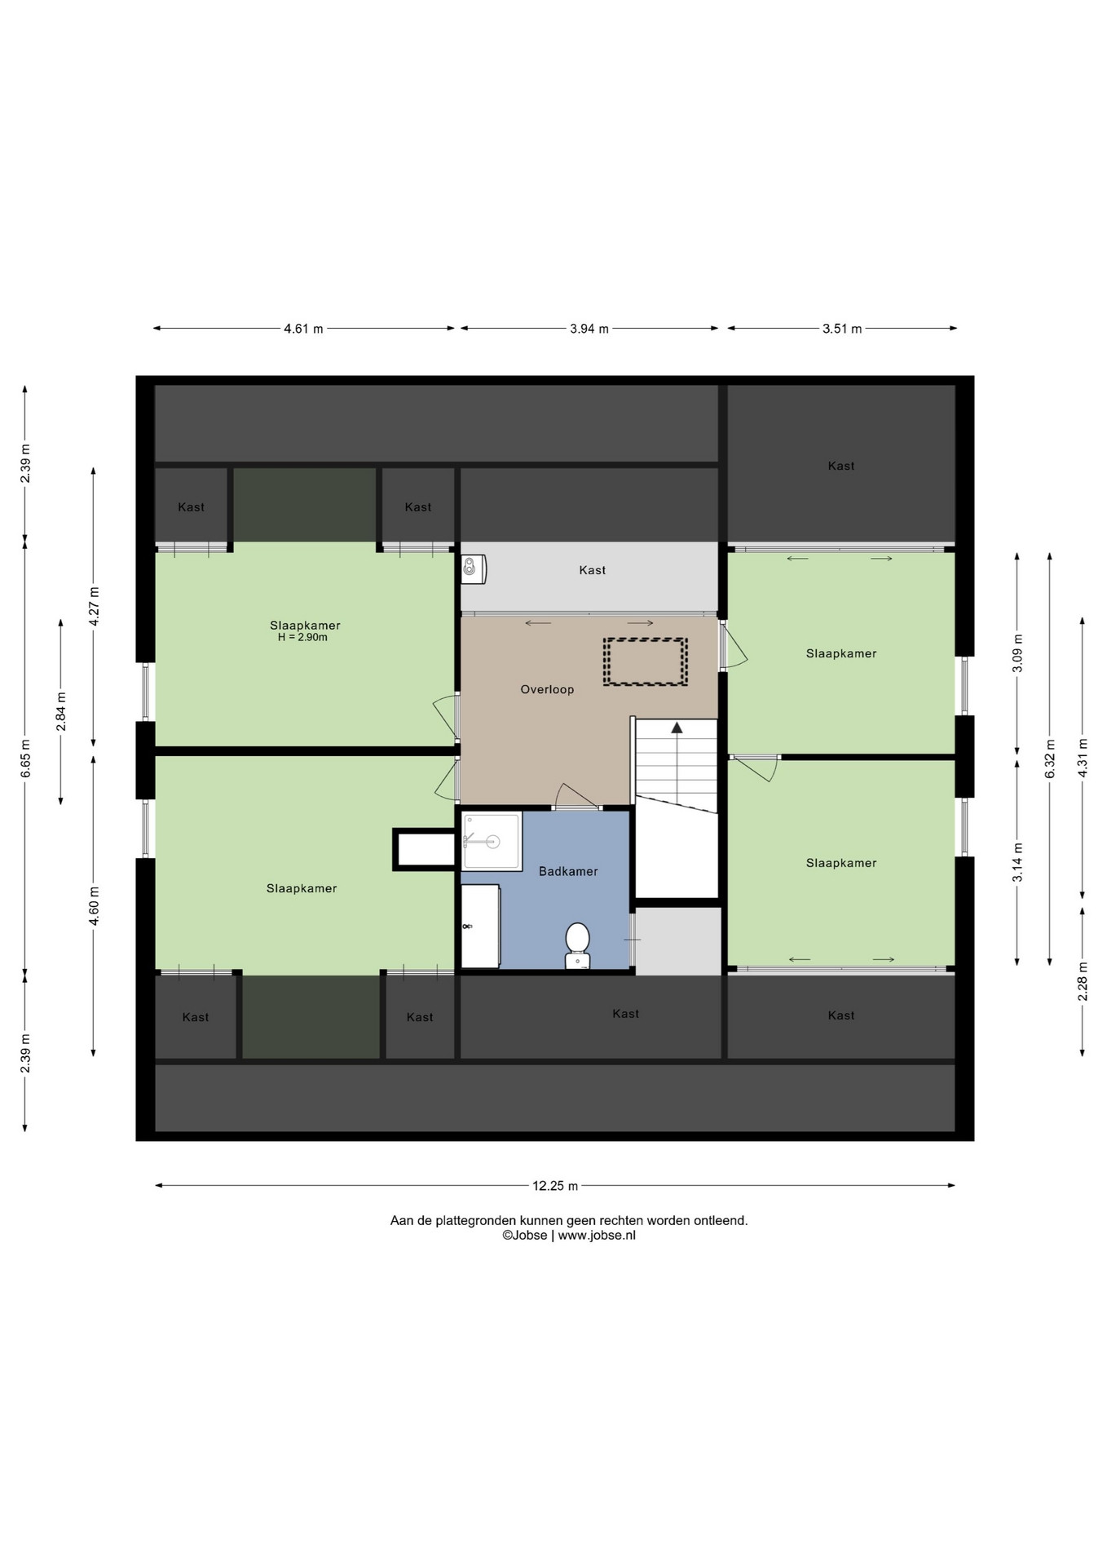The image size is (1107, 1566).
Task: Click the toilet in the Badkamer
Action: coord(577,945)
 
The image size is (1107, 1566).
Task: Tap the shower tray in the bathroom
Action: coord(492,841)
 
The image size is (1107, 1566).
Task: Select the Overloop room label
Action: coord(547,689)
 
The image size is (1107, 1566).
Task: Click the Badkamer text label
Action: coord(568,871)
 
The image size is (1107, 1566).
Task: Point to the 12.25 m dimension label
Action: coord(555,1186)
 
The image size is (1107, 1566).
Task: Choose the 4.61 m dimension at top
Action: coord(303,329)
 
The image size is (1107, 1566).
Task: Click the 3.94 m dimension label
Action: coord(589,329)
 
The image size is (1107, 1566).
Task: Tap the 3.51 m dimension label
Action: coord(842,329)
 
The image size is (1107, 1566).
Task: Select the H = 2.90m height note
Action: coord(302,637)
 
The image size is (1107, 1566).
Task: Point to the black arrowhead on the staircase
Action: coord(677,727)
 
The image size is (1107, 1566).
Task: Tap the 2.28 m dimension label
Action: coord(1083,988)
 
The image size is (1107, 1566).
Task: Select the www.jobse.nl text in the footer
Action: coord(597,1235)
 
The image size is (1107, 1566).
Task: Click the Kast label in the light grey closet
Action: coord(592,570)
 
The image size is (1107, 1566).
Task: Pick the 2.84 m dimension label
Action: coord(61,711)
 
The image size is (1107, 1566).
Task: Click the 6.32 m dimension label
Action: coord(1050,759)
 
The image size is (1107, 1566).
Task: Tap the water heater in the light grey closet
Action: coord(474,568)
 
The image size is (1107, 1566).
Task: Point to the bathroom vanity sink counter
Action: coord(480,926)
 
